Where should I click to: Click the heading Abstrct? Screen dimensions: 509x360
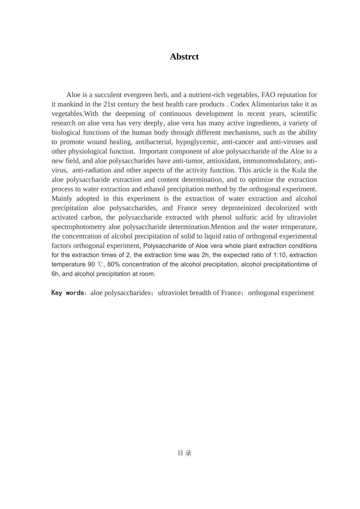click(x=184, y=57)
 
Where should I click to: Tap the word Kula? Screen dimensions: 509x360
click(x=299, y=170)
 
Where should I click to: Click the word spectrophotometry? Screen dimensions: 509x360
click(x=78, y=227)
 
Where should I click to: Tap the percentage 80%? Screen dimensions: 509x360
click(x=114, y=264)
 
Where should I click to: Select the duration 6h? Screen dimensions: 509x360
click(x=55, y=274)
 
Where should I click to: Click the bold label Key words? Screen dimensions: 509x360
click(x=68, y=293)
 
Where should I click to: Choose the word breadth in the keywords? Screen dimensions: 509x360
click(x=208, y=293)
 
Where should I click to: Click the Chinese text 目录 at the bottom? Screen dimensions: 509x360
click(x=185, y=453)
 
